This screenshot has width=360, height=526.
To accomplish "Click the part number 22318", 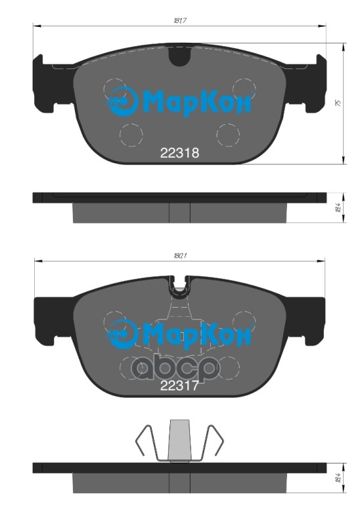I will point(179,152).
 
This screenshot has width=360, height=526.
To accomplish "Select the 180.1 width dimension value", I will point(180,255).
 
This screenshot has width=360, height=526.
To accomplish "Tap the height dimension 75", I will point(337,103).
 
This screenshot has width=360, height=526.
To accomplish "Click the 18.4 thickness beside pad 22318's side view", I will point(337,207).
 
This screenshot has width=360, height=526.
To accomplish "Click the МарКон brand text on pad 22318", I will point(196,102).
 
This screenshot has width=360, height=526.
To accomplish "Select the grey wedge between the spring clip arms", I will point(179,439).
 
